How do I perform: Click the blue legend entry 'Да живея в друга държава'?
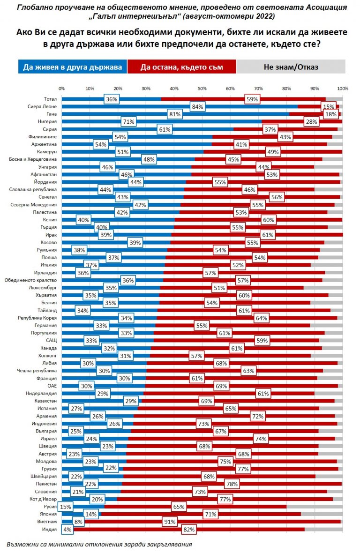[x=73, y=67]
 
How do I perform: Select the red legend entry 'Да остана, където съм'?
[x=181, y=67]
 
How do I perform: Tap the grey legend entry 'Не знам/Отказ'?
[x=291, y=67]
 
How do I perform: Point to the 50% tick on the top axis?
[x=202, y=88]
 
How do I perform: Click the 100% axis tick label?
[x=342, y=88]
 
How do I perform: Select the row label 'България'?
[x=48, y=431]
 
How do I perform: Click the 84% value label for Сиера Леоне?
[x=197, y=107]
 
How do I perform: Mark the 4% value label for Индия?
[x=67, y=529]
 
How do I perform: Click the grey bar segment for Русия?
[x=314, y=506]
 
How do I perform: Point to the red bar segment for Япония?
[x=201, y=514]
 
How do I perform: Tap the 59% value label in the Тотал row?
[x=252, y=99]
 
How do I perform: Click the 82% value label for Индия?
[x=189, y=529]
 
